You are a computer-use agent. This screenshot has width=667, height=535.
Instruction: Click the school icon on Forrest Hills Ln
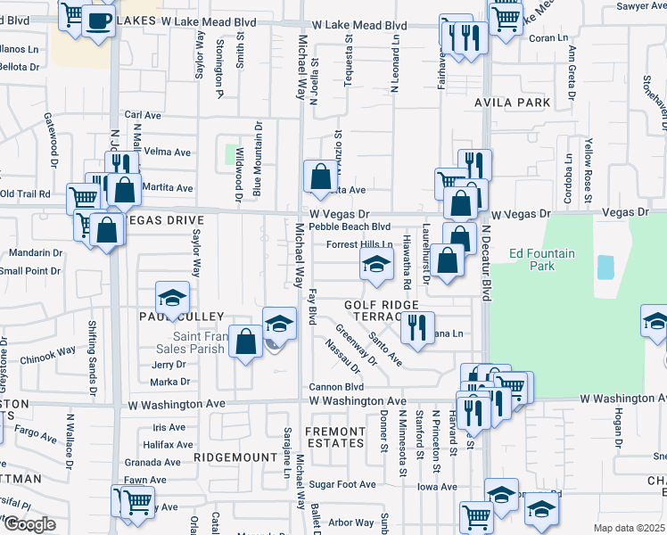376,264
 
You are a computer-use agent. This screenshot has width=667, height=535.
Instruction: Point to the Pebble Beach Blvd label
350,226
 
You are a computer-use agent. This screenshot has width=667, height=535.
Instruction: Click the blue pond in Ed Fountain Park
606,266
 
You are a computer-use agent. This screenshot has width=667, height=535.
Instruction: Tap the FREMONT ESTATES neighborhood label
335,437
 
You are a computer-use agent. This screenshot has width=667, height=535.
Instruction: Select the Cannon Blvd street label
336,387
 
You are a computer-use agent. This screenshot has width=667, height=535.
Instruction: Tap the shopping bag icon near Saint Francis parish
245,342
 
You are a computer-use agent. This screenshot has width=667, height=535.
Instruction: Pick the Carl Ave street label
143,115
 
